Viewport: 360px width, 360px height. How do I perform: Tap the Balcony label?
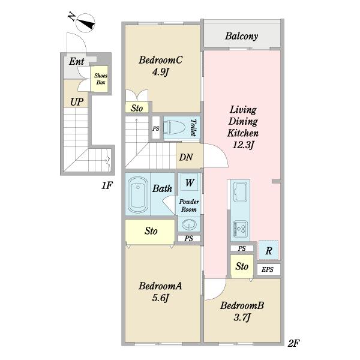[241, 36]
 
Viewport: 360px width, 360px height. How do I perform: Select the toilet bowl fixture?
[175, 128]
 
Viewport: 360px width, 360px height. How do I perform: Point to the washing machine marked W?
[190, 182]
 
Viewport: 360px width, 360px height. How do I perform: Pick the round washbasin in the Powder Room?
[189, 224]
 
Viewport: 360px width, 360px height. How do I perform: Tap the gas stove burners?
[241, 229]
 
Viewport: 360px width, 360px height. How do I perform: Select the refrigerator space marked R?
[268, 250]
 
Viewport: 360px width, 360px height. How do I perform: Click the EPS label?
[268, 269]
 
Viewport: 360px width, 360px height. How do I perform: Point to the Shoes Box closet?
[100, 79]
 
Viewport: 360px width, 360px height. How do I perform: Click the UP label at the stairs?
[77, 102]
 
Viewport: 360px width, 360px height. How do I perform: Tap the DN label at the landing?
[186, 157]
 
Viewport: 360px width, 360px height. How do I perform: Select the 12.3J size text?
[243, 145]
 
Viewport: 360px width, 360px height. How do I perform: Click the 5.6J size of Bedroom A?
[160, 298]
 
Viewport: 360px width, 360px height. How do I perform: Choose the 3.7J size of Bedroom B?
[242, 318]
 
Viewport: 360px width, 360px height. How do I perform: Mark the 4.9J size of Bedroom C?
[160, 73]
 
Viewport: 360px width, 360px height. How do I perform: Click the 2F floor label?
[293, 343]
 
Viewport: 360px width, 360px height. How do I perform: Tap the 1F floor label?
[107, 185]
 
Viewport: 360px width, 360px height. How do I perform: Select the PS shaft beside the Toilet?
[156, 128]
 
